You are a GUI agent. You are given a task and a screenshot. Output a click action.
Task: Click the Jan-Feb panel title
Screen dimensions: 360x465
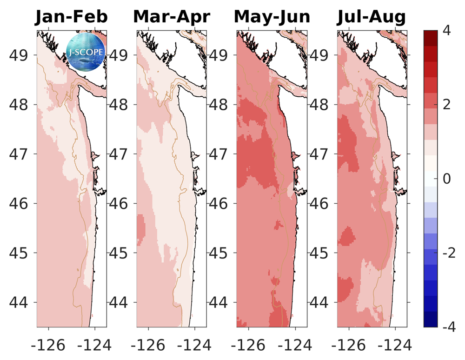pos(72,17)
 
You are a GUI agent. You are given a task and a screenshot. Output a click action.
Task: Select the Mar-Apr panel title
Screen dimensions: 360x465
pos(172,17)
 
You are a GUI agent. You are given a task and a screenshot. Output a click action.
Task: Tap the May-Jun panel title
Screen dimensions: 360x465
pos(272,17)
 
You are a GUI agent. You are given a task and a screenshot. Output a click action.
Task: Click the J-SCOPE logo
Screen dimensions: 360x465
pos(85,51)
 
